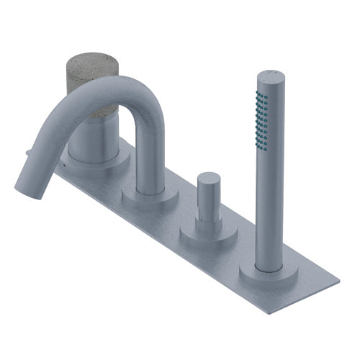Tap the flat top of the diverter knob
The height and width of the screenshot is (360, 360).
tap(209, 177)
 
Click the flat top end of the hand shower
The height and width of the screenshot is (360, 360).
tap(269, 73)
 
